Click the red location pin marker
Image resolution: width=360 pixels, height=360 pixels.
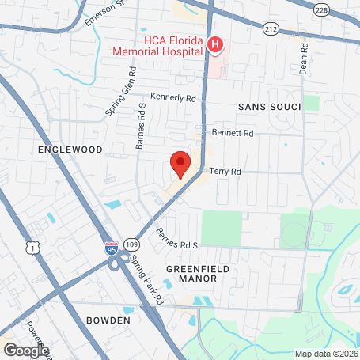[180, 163]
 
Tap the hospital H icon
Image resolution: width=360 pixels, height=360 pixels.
[214, 46]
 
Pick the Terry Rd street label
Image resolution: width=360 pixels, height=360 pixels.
[224, 170]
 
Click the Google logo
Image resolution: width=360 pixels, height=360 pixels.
[25, 349]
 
